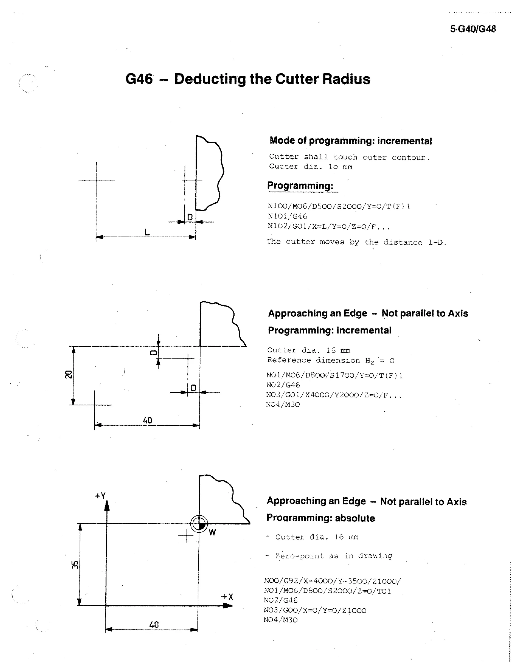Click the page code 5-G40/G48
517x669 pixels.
pyautogui.click(x=473, y=29)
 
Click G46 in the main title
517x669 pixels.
pyautogui.click(x=139, y=79)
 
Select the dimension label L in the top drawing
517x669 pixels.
pyautogui.click(x=147, y=232)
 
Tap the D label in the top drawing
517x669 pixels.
pyautogui.click(x=190, y=217)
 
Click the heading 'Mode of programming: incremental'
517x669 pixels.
pyautogui.click(x=351, y=141)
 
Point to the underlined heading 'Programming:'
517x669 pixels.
pyautogui.click(x=300, y=186)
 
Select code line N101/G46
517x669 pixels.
pyautogui.click(x=287, y=216)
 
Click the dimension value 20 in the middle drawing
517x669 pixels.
pyautogui.click(x=68, y=374)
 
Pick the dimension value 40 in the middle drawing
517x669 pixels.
pyautogui.click(x=147, y=420)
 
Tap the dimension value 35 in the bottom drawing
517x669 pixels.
pyautogui.click(x=75, y=564)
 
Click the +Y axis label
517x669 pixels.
pyautogui.click(x=100, y=496)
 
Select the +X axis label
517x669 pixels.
pyautogui.click(x=227, y=597)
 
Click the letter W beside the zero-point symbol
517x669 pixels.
pyautogui.click(x=212, y=532)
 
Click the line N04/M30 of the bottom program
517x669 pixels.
pyautogui.click(x=280, y=620)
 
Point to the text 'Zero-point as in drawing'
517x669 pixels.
pyautogui.click(x=333, y=556)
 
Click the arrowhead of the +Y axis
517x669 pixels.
pyautogui.click(x=107, y=506)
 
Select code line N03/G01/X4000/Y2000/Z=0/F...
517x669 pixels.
pyautogui.click(x=333, y=395)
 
